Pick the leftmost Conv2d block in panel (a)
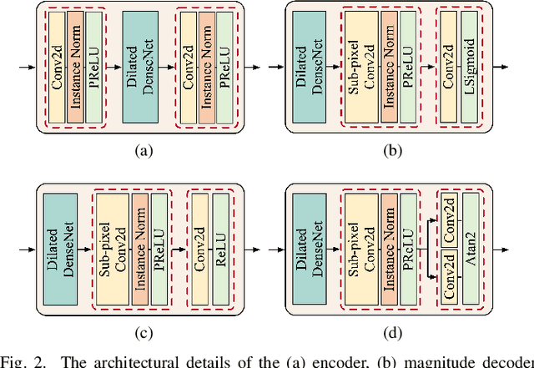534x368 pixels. point(56,66)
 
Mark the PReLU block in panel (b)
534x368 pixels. point(407,67)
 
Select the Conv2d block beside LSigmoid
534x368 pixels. point(449,67)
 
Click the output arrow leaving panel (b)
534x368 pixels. point(503,67)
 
